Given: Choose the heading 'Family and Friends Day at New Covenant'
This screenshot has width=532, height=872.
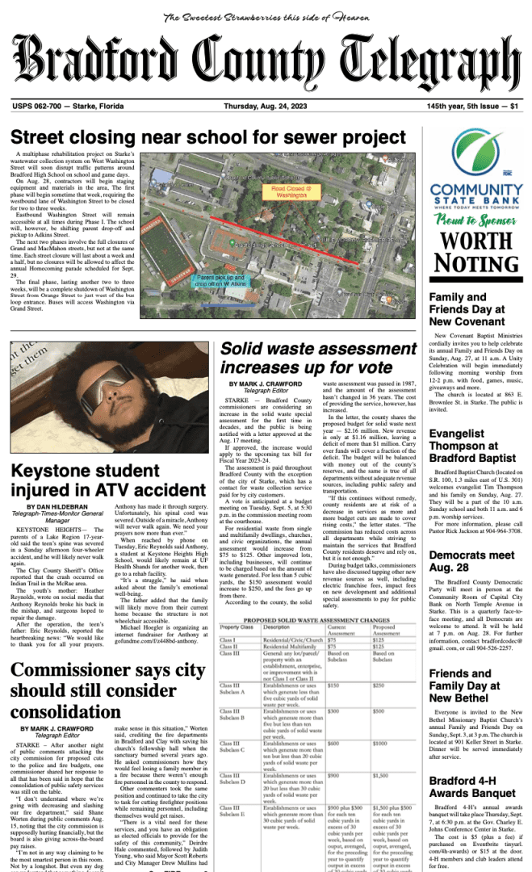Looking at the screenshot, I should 468,309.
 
